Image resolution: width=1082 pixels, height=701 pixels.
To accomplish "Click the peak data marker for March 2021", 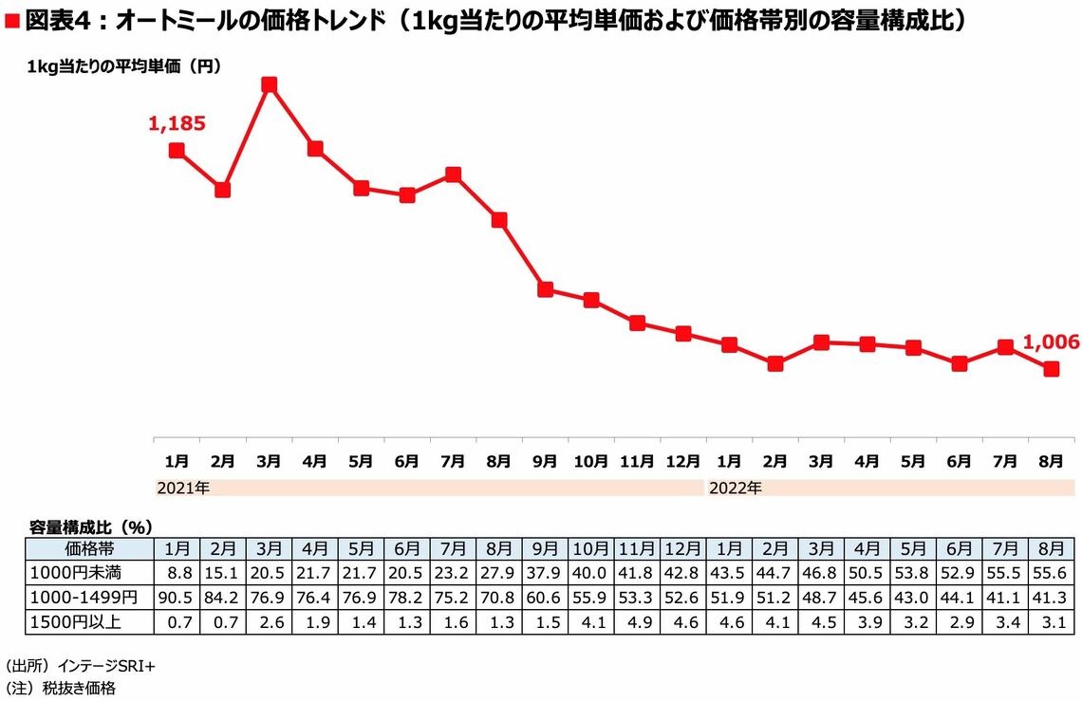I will (269, 84).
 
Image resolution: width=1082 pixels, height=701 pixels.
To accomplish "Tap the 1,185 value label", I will (177, 122).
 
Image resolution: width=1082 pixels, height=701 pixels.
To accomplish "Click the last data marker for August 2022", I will (1052, 369).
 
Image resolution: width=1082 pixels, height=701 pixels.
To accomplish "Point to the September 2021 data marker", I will (545, 289).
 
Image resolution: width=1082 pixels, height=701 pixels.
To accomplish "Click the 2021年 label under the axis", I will (182, 489).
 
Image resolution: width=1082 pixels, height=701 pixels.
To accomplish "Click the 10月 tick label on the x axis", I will (590, 461).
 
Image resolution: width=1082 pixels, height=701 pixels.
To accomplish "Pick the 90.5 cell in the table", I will (177, 597).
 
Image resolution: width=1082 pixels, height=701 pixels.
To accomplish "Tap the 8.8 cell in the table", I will (177, 573).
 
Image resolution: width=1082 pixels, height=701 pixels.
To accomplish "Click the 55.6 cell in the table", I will (1052, 573).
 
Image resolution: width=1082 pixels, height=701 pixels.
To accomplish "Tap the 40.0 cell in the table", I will (590, 573).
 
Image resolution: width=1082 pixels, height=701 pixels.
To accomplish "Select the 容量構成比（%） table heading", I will (91, 526).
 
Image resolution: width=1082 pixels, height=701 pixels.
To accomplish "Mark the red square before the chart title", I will (12, 21).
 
